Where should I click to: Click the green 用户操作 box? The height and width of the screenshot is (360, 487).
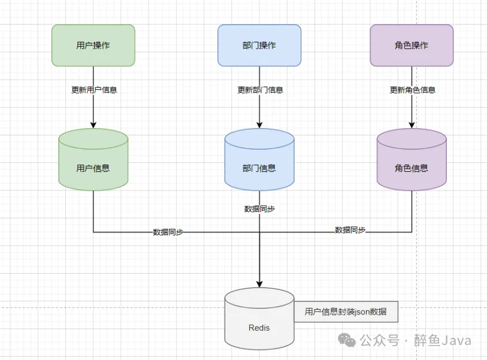point(93,45)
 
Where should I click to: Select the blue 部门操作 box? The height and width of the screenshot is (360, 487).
point(259,45)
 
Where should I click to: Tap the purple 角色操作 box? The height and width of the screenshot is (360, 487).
point(412,45)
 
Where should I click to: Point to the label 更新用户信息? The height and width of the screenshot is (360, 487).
point(94,90)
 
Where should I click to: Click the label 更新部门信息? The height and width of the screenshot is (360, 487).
point(260,90)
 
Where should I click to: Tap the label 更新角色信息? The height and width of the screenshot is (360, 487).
point(412,90)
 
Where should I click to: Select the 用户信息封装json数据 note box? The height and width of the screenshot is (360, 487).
point(346,311)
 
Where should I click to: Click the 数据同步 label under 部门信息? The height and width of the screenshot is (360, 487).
point(260,209)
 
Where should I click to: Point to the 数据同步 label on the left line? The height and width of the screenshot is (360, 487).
point(168,232)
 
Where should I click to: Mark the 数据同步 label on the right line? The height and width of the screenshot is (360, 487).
point(350,229)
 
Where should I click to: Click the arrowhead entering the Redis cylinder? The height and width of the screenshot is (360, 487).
point(259,283)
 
